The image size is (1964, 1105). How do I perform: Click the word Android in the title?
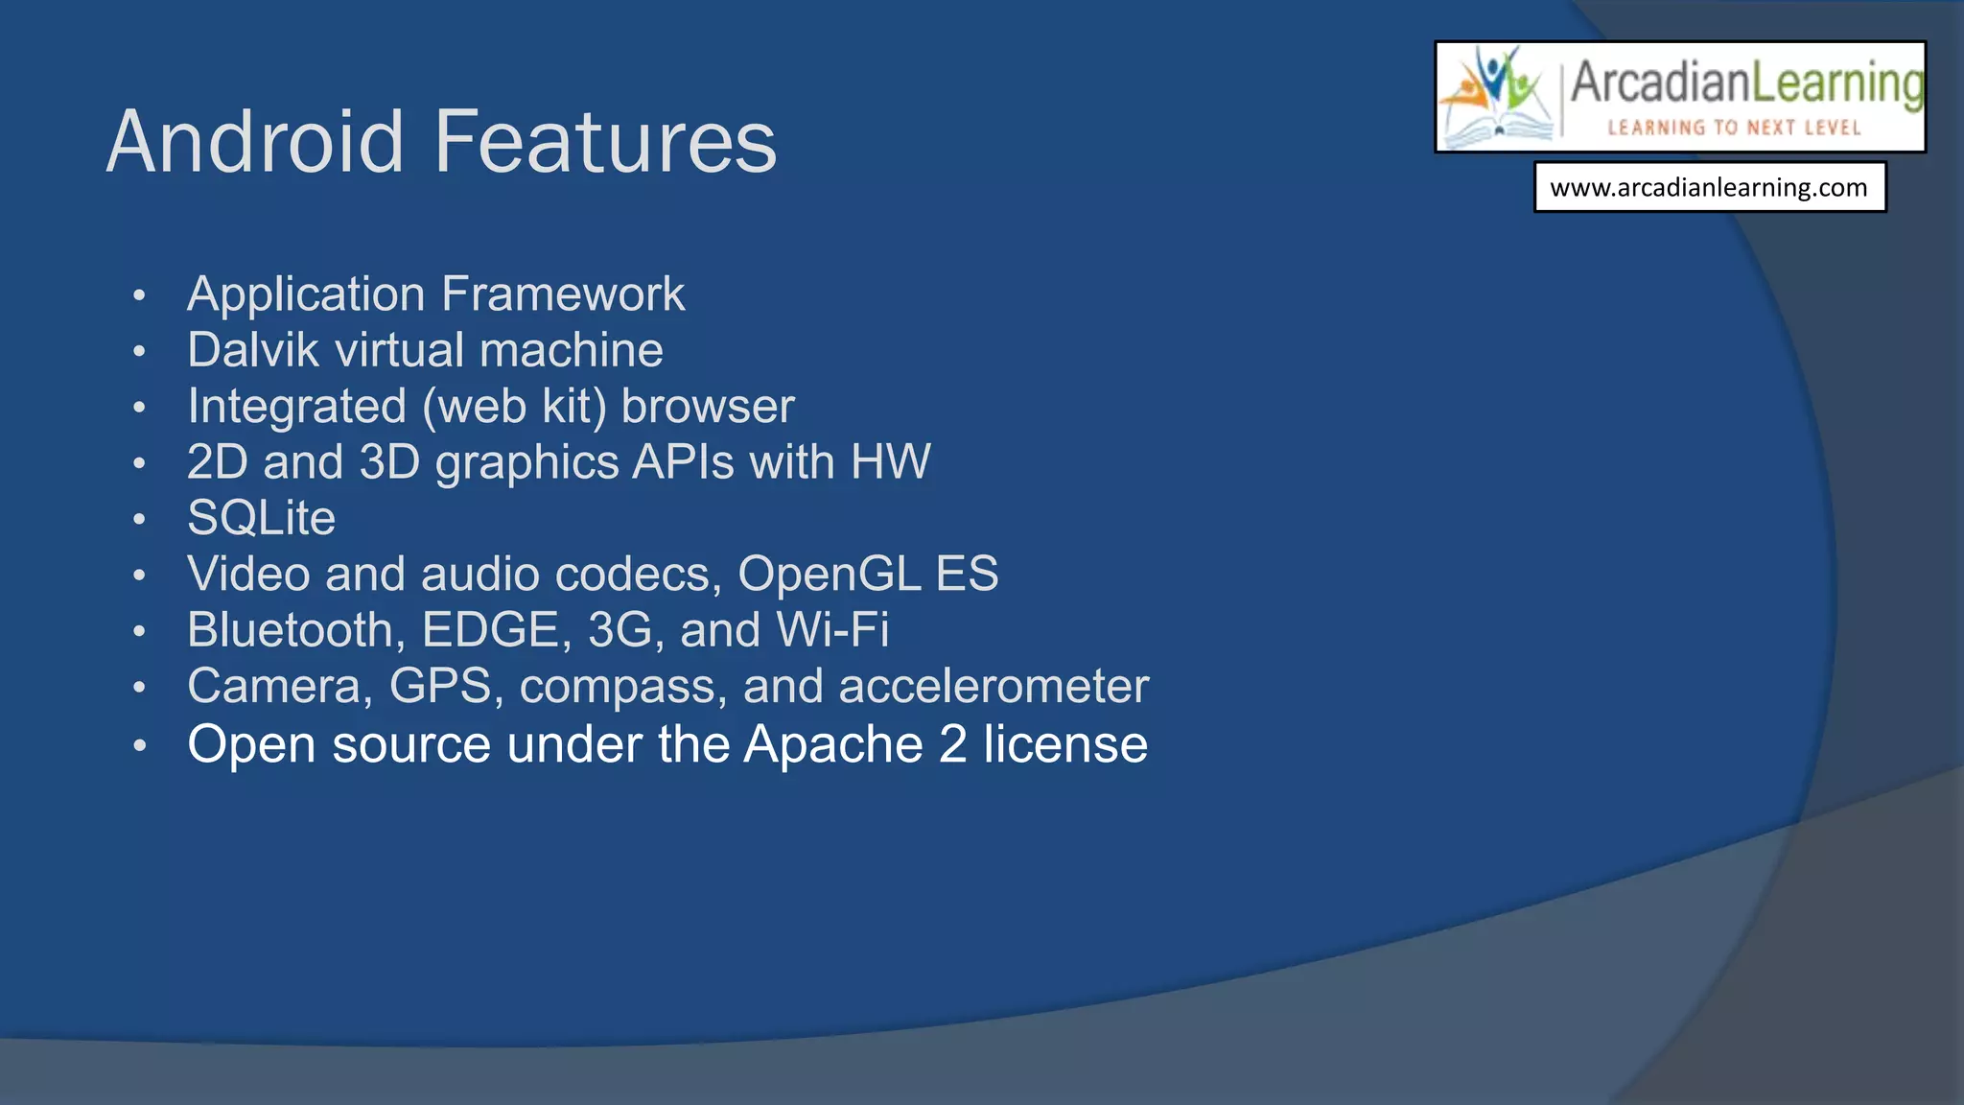click(x=255, y=142)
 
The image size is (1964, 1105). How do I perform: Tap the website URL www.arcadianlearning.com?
click(x=1709, y=187)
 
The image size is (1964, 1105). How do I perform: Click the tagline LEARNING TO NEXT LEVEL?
click(x=1734, y=128)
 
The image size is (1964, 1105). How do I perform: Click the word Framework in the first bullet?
click(x=563, y=294)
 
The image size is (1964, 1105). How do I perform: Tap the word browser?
click(x=708, y=406)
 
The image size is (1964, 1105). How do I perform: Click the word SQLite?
click(x=261, y=518)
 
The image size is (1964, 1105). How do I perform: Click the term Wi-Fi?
click(x=832, y=630)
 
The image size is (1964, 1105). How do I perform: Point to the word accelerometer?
click(x=994, y=687)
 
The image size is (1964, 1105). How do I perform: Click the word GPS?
click(x=440, y=687)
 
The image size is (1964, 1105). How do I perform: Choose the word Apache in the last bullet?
click(x=832, y=745)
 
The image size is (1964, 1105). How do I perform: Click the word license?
click(x=1064, y=745)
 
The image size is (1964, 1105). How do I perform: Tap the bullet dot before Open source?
click(x=140, y=745)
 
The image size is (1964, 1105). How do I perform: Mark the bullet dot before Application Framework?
click(x=140, y=295)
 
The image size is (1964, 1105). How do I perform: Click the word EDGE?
click(x=491, y=630)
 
